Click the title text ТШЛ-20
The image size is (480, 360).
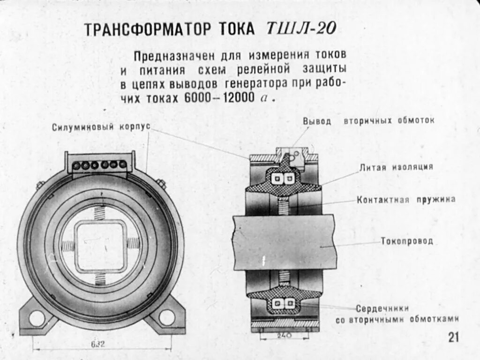click(x=301, y=29)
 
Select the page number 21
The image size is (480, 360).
click(x=453, y=337)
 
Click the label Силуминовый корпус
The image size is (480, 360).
click(x=101, y=127)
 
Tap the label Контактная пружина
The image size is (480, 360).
click(x=406, y=199)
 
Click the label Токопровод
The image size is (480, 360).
click(x=406, y=241)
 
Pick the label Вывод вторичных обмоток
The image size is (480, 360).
click(x=368, y=120)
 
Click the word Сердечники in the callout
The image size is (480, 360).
click(x=382, y=309)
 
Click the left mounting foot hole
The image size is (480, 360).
click(x=37, y=318)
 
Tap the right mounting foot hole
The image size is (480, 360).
click(x=166, y=317)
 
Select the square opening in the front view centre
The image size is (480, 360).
click(x=100, y=245)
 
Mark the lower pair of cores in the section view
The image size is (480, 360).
click(x=285, y=304)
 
